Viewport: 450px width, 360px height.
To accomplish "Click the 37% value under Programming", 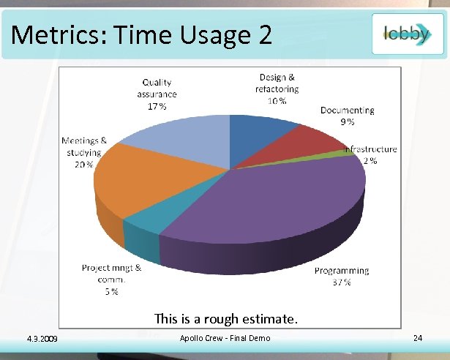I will click(x=342, y=282).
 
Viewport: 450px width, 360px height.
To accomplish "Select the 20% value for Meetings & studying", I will click(x=83, y=165).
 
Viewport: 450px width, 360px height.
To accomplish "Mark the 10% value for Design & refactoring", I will click(x=277, y=100).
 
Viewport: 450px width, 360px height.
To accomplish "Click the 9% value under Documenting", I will click(x=347, y=121).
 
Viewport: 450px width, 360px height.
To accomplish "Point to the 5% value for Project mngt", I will click(x=110, y=291).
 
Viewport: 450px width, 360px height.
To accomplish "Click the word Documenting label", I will click(x=347, y=110).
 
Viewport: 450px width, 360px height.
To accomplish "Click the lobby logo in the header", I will click(x=407, y=34).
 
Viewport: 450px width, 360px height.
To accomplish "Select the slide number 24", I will click(x=418, y=338).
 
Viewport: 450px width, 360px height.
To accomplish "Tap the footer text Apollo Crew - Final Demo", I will click(x=225, y=337).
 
